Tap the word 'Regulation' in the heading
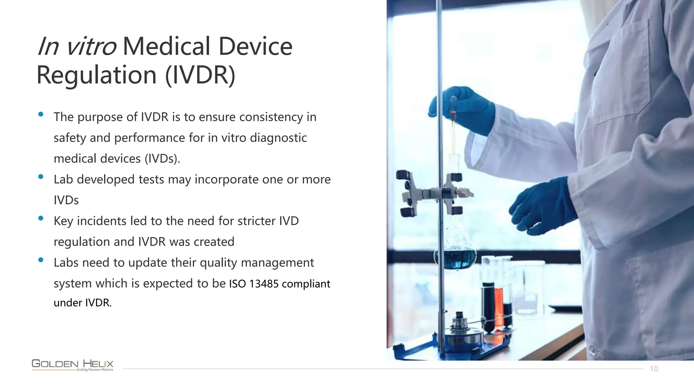pos(96,75)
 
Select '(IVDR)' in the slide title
pos(200,75)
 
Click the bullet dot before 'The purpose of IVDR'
pos(41,114)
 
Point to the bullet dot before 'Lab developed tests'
pos(41,177)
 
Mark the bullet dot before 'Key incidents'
pos(41,218)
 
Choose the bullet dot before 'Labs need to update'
pos(41,260)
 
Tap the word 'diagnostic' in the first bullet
pos(278,138)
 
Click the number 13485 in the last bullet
pos(264,284)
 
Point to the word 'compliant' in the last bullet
pos(306,284)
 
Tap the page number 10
pos(654,369)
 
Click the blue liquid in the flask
pos(455,259)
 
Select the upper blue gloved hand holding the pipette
pos(464,108)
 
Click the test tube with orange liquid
pos(499,305)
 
